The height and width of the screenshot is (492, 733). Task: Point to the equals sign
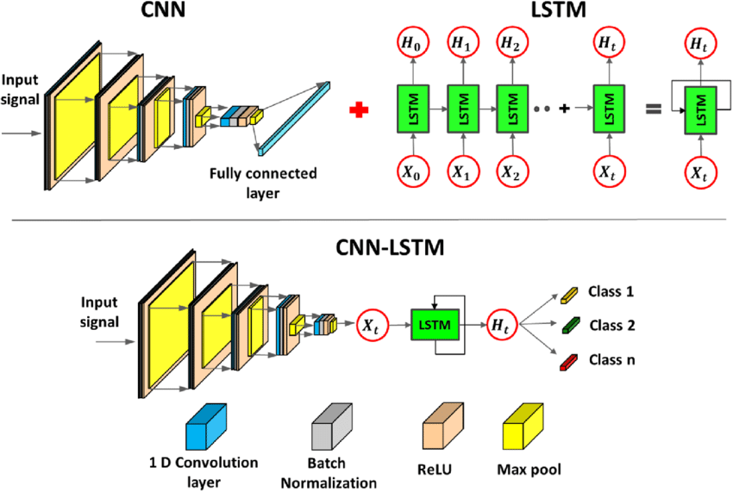point(654,110)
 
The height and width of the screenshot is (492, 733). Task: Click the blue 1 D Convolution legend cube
point(205,427)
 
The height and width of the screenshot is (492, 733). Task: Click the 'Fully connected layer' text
point(262,182)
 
